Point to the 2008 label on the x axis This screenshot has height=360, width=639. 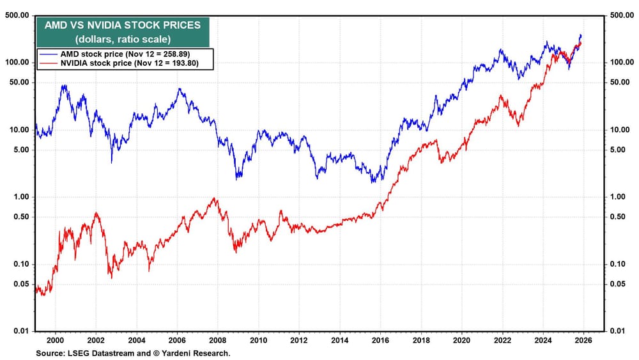[x=217, y=341]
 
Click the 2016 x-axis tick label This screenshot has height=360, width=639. [x=380, y=341]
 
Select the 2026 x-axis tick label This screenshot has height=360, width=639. [x=583, y=341]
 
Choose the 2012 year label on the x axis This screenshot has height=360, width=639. [x=299, y=341]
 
